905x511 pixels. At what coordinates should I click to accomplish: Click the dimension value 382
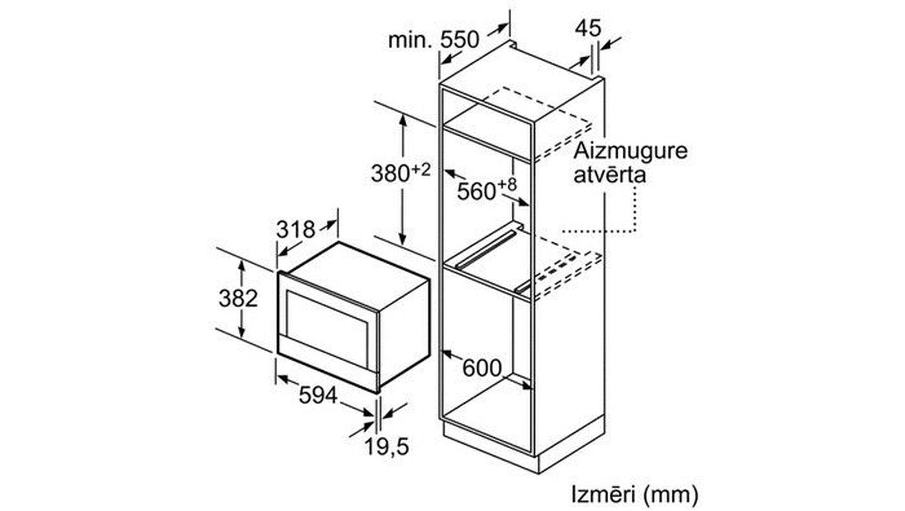[x=238, y=299]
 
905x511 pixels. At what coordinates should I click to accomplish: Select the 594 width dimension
[x=318, y=396]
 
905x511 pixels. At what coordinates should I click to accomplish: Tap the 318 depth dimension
[x=295, y=229]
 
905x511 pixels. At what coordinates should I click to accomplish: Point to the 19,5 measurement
[x=387, y=447]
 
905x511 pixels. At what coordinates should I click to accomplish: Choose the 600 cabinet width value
[x=482, y=368]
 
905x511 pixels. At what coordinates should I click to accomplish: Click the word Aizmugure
[x=630, y=151]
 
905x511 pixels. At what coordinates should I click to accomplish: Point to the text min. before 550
[x=410, y=40]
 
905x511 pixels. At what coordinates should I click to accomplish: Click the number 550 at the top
[x=460, y=40]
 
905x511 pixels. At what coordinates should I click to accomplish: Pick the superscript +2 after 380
[x=421, y=170]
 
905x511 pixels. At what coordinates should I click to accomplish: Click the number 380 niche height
[x=391, y=173]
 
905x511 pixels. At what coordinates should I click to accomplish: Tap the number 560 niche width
[x=476, y=191]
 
